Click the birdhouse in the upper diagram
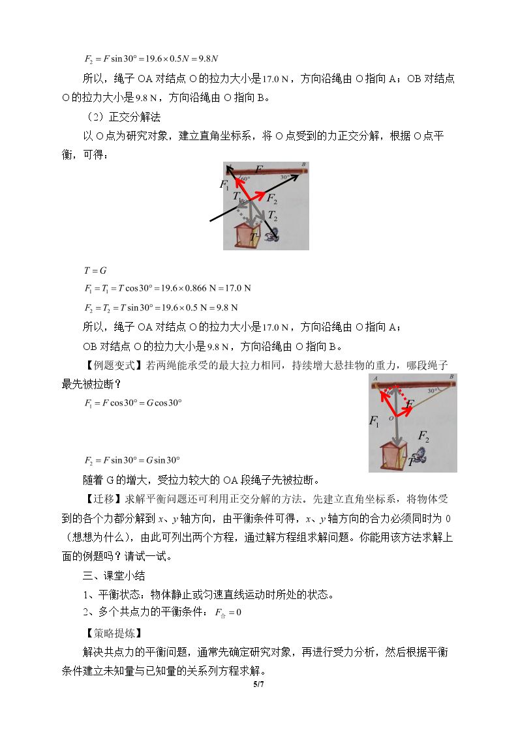pos(242,235)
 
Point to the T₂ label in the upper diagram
pos(272,216)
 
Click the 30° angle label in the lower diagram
pos(432,390)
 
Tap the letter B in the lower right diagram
pos(451,376)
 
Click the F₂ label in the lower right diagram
pos(423,437)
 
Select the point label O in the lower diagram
pos(391,418)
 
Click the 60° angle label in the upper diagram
pos(246,179)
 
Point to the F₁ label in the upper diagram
pos(224,185)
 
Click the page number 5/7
pos(259,684)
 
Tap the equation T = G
pos(96,271)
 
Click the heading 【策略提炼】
pos(112,633)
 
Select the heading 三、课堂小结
pos(114,575)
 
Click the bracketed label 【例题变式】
pos(112,365)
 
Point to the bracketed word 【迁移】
pos(102,499)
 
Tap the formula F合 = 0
pos(228,613)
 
